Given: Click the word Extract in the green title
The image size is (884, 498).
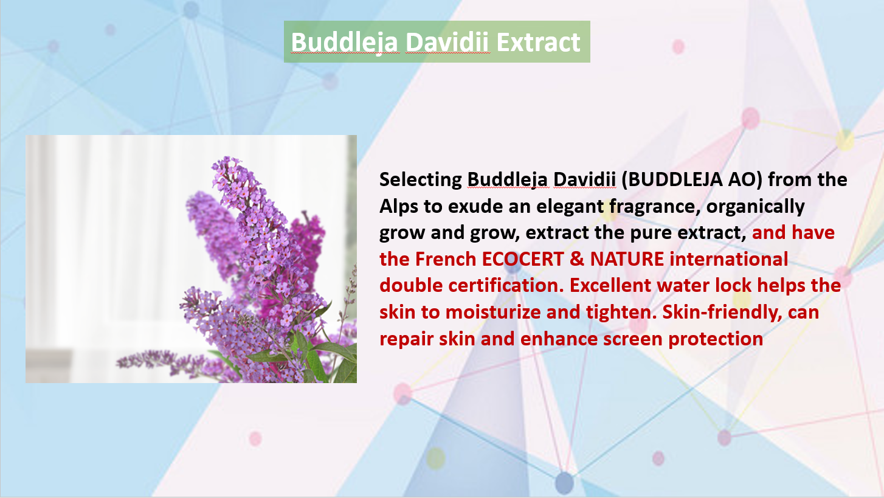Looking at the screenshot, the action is (x=539, y=42).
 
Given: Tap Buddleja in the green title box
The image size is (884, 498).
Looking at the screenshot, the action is (x=345, y=43).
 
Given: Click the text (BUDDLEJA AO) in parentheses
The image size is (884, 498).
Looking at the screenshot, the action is (x=692, y=179).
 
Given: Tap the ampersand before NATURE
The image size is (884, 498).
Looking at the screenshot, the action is (x=576, y=259).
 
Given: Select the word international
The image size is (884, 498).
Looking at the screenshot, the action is (x=729, y=259).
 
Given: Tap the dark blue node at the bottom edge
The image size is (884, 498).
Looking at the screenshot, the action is (x=564, y=483).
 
